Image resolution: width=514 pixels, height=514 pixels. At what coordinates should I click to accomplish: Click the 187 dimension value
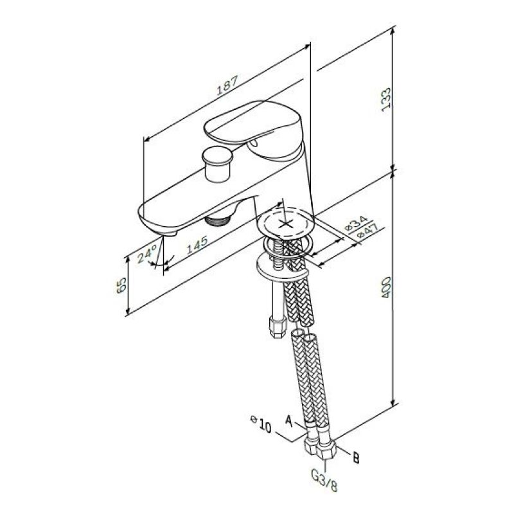click(x=227, y=85)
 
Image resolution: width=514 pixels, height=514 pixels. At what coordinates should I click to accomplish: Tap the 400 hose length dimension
click(x=386, y=287)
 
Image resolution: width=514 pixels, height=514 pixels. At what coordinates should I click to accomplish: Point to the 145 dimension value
click(x=197, y=245)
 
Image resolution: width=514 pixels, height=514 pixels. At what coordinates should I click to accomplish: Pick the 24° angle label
click(x=147, y=255)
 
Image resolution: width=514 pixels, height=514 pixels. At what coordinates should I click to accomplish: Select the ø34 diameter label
click(x=357, y=222)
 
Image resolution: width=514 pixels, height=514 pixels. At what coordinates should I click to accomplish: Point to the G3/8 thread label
click(x=324, y=481)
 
